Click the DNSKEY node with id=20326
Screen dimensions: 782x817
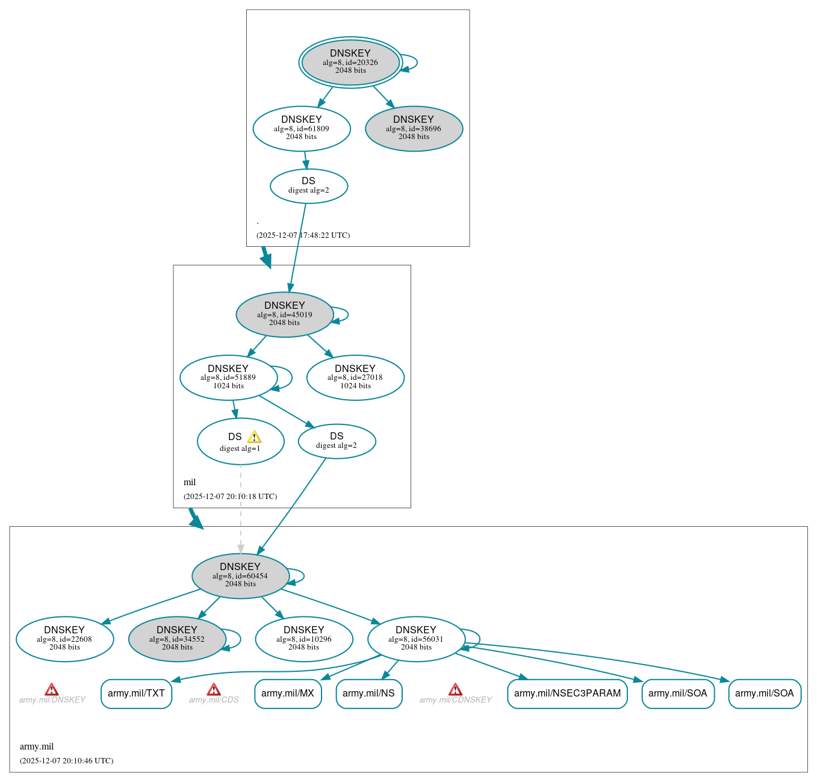click(x=350, y=62)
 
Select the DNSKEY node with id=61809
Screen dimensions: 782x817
click(x=302, y=128)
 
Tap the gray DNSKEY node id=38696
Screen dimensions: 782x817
click(x=414, y=128)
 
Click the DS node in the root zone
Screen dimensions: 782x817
click(x=308, y=186)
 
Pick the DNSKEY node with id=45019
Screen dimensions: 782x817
click(x=284, y=314)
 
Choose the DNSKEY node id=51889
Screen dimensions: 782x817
click(x=228, y=377)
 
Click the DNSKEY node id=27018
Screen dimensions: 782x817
click(x=355, y=377)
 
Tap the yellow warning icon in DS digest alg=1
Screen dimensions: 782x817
click(x=254, y=437)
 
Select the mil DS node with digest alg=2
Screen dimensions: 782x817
click(x=337, y=441)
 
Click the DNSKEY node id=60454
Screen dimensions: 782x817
click(x=240, y=576)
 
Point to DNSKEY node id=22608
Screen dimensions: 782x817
click(x=64, y=639)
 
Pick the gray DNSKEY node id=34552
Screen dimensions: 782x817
click(x=177, y=639)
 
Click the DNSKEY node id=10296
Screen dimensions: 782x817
click(x=303, y=639)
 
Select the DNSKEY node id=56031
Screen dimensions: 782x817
click(x=416, y=639)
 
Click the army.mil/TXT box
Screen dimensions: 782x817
click(x=136, y=694)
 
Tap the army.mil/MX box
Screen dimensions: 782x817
click(x=288, y=694)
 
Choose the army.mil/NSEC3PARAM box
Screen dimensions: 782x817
click(x=567, y=694)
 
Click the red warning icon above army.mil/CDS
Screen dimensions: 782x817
click(x=214, y=690)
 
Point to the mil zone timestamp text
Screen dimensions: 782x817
click(x=230, y=497)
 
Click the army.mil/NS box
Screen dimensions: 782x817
click(x=368, y=694)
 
